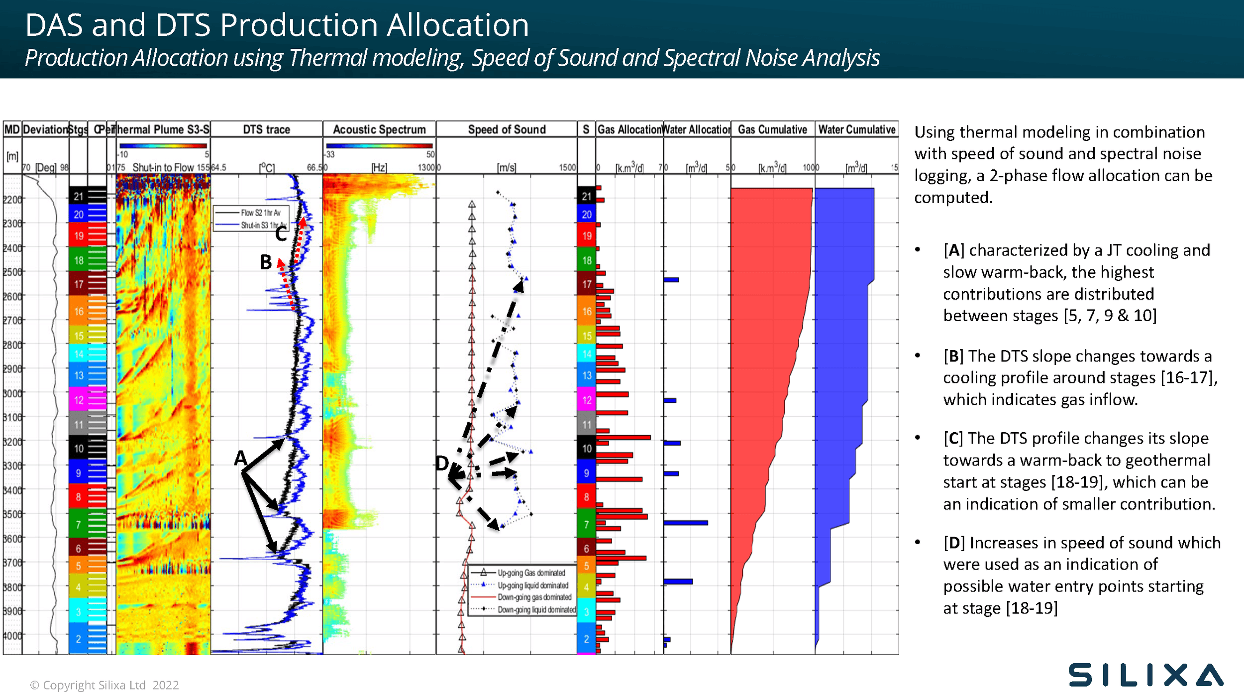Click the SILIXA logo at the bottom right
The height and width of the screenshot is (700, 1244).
(1145, 675)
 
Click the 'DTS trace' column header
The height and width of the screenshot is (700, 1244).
(266, 129)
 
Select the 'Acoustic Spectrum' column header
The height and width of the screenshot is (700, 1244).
(379, 129)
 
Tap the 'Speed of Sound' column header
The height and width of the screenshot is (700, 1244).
(507, 129)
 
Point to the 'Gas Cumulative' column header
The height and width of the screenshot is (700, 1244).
(772, 129)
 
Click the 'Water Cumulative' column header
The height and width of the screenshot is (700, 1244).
(857, 129)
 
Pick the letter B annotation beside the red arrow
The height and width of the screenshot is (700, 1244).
(266, 262)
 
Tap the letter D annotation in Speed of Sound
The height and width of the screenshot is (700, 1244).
(442, 464)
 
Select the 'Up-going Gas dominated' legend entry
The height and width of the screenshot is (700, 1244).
(531, 573)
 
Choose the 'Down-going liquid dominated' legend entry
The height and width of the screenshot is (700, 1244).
(536, 610)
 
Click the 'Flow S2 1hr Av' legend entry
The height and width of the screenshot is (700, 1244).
(260, 213)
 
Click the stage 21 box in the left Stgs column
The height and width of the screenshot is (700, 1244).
(79, 197)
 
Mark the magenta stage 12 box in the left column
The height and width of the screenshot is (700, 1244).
(79, 400)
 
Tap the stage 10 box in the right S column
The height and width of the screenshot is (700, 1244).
(587, 448)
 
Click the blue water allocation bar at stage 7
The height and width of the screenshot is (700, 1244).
(686, 523)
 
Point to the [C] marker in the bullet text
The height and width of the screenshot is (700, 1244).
(953, 439)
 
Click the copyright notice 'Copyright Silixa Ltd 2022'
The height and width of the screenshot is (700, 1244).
(104, 685)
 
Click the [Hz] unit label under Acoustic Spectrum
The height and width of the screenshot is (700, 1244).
(379, 168)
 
